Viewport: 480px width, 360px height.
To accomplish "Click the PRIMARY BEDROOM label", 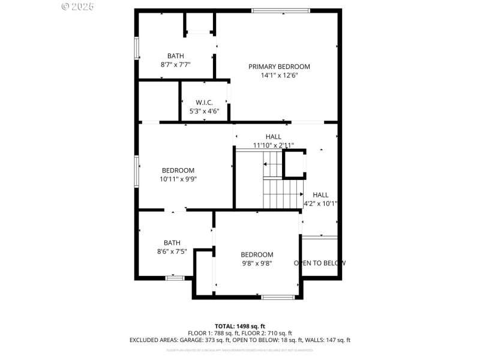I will click(x=279, y=67).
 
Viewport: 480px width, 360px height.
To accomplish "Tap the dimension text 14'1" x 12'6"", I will click(x=279, y=76).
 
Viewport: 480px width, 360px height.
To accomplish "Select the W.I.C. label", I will click(x=205, y=103).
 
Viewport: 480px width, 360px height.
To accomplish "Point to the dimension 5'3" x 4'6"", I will click(x=205, y=111).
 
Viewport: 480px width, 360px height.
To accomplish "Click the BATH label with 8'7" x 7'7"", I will click(x=176, y=56).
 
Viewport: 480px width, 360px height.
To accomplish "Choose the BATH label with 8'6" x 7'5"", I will click(x=172, y=243).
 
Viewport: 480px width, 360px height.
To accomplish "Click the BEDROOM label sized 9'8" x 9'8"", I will click(x=257, y=254).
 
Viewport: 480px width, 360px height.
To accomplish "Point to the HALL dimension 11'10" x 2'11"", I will click(x=273, y=145).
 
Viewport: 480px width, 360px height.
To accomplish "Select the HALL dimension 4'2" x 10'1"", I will click(x=320, y=203).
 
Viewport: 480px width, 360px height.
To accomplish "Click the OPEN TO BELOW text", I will click(x=319, y=263).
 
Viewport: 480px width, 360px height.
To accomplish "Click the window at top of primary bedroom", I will click(x=280, y=10).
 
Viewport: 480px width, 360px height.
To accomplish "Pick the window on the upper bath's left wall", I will click(x=137, y=48).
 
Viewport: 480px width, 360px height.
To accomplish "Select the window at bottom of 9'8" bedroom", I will click(x=278, y=296).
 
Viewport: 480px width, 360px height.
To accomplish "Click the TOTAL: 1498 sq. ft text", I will click(x=239, y=326).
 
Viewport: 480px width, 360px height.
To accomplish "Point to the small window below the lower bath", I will click(x=175, y=278).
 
